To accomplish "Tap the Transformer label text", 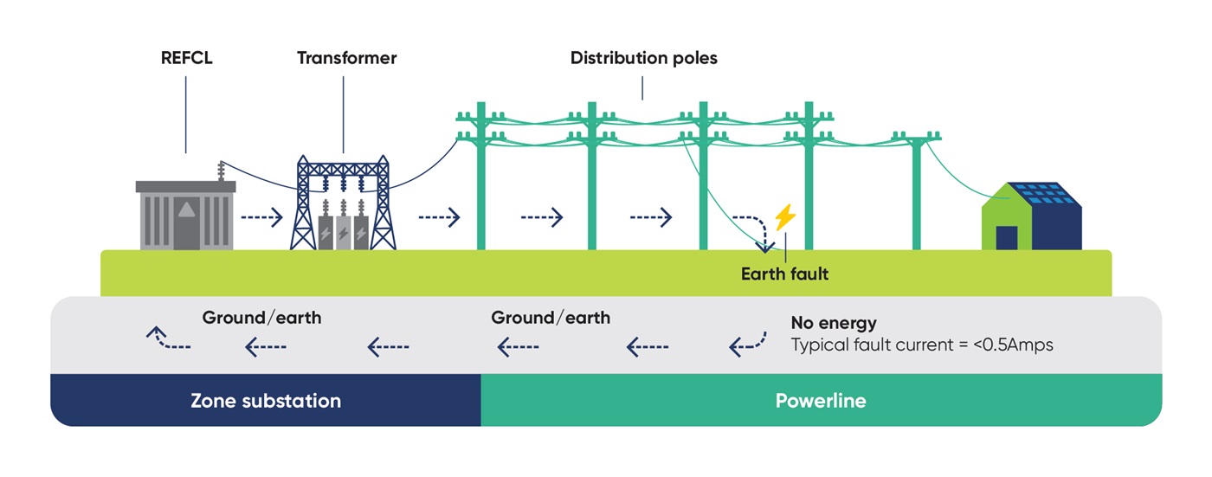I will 346,59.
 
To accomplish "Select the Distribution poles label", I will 643,59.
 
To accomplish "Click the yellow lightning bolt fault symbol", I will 784,217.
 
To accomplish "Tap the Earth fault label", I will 784,274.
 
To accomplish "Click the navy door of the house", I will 1006,237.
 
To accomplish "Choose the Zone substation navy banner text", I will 265,401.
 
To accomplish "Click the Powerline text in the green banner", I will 820,401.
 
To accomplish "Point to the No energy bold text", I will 834,323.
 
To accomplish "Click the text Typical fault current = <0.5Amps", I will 922,345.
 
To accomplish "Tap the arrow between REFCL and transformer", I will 261,217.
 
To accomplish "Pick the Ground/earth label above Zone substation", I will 261,318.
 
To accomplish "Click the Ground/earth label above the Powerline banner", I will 551,318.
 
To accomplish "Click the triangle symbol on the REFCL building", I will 186,209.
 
